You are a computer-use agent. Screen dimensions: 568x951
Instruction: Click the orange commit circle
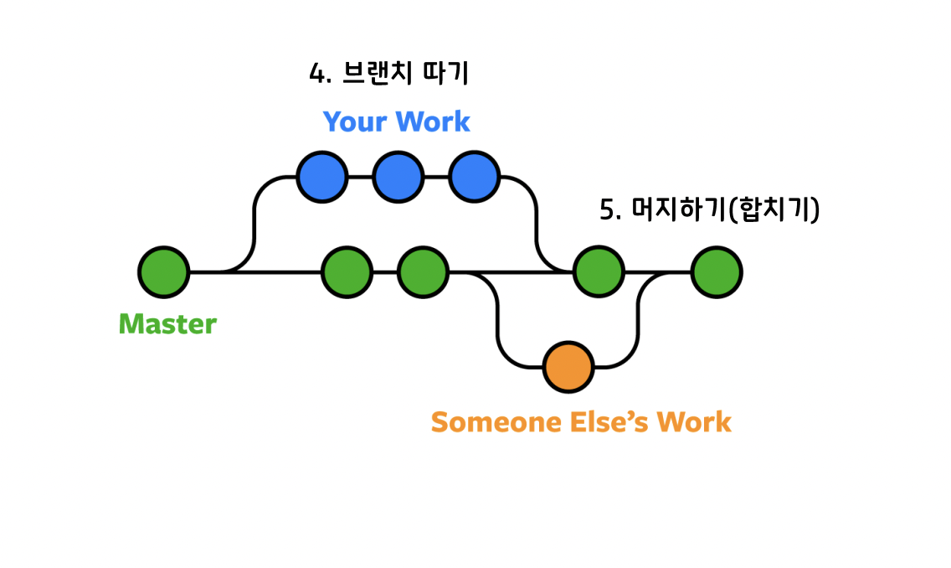click(568, 367)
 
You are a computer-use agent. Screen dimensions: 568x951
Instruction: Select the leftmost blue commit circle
click(322, 178)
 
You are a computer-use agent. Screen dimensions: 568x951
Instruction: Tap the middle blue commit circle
click(398, 178)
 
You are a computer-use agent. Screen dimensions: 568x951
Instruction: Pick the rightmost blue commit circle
click(475, 178)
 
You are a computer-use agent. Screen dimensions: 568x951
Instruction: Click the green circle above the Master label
click(164, 272)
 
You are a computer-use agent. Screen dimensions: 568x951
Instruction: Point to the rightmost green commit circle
click(717, 272)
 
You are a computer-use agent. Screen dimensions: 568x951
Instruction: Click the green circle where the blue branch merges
click(599, 272)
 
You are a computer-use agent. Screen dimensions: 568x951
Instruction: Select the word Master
click(167, 324)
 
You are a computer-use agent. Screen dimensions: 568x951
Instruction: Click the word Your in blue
click(354, 122)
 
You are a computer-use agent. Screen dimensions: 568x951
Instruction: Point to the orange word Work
click(694, 421)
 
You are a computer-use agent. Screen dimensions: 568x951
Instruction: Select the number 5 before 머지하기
click(607, 209)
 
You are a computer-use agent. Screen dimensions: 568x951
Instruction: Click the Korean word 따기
click(445, 74)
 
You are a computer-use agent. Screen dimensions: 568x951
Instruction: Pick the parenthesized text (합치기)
click(774, 209)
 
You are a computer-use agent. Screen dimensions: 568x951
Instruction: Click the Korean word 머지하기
click(676, 209)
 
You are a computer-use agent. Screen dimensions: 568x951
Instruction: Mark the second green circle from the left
click(347, 272)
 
